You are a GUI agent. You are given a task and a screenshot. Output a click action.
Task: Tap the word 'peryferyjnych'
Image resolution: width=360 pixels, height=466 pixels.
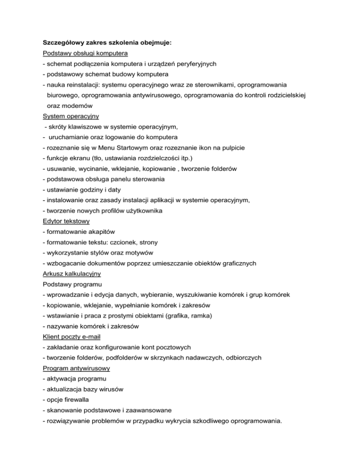[x=195, y=63]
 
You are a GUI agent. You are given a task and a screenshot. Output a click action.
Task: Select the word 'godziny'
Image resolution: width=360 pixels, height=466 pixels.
[x=94, y=190]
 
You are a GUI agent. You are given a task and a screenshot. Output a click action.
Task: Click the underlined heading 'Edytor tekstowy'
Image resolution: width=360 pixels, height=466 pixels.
[x=66, y=221]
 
